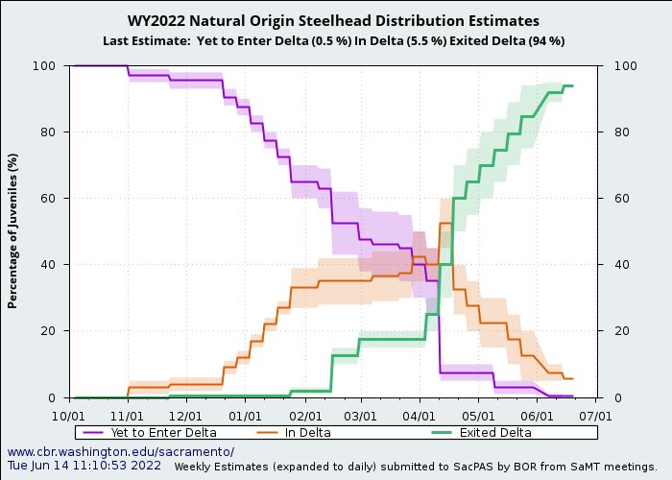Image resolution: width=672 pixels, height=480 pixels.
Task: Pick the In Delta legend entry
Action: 307,432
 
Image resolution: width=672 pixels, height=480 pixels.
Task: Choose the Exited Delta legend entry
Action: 494,432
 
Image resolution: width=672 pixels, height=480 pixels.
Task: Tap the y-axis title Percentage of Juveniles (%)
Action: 13,230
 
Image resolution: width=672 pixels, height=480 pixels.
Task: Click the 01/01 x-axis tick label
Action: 245,417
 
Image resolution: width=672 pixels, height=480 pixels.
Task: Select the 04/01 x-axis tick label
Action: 420,417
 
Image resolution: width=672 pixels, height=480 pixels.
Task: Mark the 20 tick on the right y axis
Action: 611,331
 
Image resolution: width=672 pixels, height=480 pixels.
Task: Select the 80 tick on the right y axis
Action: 611,132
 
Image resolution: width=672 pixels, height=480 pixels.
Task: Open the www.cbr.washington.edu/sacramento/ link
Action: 121,451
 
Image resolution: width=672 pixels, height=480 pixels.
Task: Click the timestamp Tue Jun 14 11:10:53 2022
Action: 84,465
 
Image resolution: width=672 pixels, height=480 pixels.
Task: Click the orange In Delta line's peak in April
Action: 445,223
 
